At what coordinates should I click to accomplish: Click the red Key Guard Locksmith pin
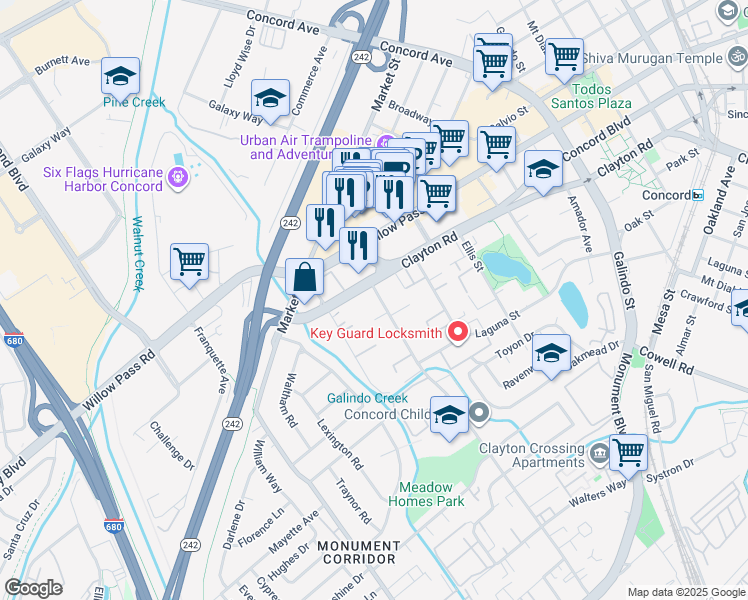pyautogui.click(x=459, y=332)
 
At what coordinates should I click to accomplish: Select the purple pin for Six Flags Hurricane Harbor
pyautogui.click(x=179, y=179)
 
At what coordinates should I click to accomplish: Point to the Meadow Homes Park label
pyautogui.click(x=426, y=494)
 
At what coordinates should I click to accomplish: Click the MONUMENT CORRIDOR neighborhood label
pyautogui.click(x=358, y=553)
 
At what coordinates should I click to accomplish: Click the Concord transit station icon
pyautogui.click(x=698, y=195)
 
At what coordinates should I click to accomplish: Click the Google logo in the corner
pyautogui.click(x=33, y=588)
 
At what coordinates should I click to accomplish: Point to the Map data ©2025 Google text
pyautogui.click(x=686, y=592)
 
